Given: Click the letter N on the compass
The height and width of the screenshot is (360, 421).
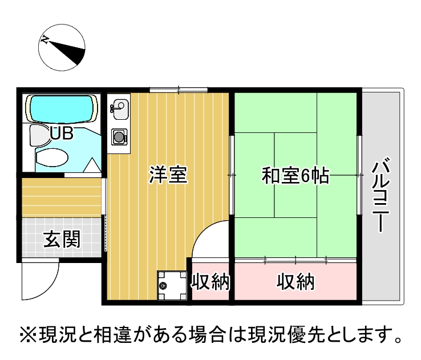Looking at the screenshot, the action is [44, 40].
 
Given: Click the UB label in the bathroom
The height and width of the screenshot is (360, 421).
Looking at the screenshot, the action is [62, 133].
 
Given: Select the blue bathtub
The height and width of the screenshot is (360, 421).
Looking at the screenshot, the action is [62, 108].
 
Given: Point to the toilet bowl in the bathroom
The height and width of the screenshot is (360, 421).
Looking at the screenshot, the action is [52, 158].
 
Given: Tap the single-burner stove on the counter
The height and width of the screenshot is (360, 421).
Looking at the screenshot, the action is [119, 137].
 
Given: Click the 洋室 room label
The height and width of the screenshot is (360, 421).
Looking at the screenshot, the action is [168, 175].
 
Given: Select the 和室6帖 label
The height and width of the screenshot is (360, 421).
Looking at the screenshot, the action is [295, 175].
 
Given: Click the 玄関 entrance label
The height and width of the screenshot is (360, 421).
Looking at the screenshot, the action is [62, 239].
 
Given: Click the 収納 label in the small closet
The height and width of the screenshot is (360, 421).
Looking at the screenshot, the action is [211, 281].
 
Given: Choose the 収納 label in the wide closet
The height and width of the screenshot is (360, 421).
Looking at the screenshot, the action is [295, 281].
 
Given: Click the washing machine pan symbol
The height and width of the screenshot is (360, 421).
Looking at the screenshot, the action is [172, 285].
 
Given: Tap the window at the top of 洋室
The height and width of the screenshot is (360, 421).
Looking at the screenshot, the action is [179, 90].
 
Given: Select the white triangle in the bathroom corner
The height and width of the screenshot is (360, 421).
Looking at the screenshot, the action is [92, 165].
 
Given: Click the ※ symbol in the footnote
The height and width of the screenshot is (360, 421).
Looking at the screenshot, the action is [28, 334].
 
